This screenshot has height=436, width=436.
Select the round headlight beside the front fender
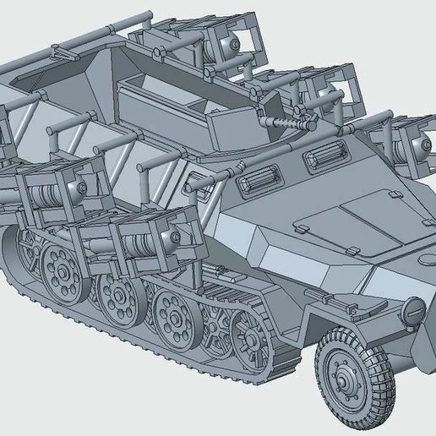pos(416,312)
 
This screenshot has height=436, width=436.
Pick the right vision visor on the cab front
pos(326,155)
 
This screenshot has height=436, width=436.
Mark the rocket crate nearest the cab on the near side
pos(144,241)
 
